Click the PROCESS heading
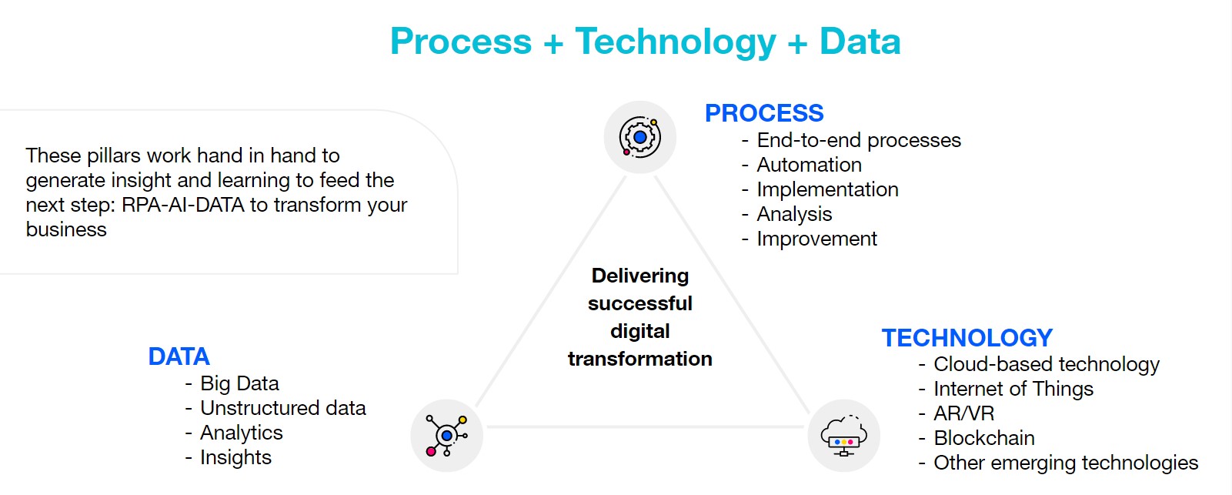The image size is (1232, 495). click(x=764, y=113)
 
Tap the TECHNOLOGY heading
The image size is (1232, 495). click(x=967, y=338)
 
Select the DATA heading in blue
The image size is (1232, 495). click(x=179, y=356)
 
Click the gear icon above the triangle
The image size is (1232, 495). click(x=639, y=137)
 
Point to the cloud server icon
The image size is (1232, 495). click(x=843, y=436)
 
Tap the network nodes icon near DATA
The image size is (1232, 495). click(x=446, y=436)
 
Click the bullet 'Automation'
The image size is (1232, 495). click(x=809, y=165)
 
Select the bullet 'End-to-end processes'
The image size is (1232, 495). click(x=859, y=140)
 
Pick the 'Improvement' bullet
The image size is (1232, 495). click(x=816, y=239)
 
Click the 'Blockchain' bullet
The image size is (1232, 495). click(x=984, y=438)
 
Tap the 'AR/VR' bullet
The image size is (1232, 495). click(x=963, y=413)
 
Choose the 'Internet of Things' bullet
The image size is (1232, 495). click(x=1013, y=390)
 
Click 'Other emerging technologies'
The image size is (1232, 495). click(x=1065, y=463)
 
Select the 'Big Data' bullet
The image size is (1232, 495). click(x=239, y=384)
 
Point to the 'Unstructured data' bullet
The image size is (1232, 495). click(x=282, y=408)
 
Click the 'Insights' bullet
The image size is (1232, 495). click(x=235, y=457)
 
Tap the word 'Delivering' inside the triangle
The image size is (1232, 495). click(x=639, y=276)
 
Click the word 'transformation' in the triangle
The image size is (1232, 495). click(x=639, y=359)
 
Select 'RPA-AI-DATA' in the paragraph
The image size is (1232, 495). click(x=182, y=205)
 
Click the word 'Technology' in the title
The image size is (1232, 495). click(x=676, y=42)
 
